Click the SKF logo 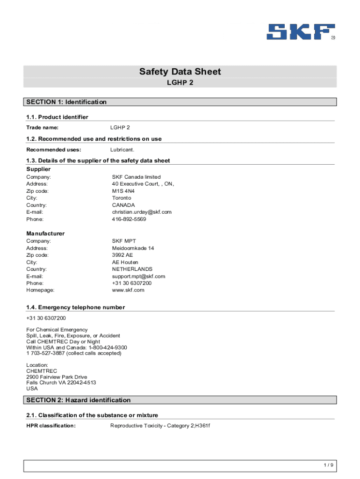[x=301, y=32]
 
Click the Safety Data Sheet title [x=180, y=72]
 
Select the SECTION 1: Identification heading [x=66, y=102]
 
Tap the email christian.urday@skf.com [x=142, y=212]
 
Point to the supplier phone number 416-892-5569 [x=129, y=219]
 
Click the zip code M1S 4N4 [x=123, y=191]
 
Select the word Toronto [x=122, y=198]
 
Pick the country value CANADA [x=123, y=205]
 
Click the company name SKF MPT [x=124, y=241]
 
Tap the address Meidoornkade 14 [x=133, y=248]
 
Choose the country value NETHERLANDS [x=132, y=269]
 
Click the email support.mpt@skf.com [x=138, y=276]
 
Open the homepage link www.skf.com [x=128, y=290]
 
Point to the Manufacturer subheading [x=45, y=233]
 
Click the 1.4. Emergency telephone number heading [x=75, y=307]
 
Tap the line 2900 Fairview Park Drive [x=57, y=377]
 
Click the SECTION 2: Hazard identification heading [x=79, y=400]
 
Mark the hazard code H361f [x=202, y=426]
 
